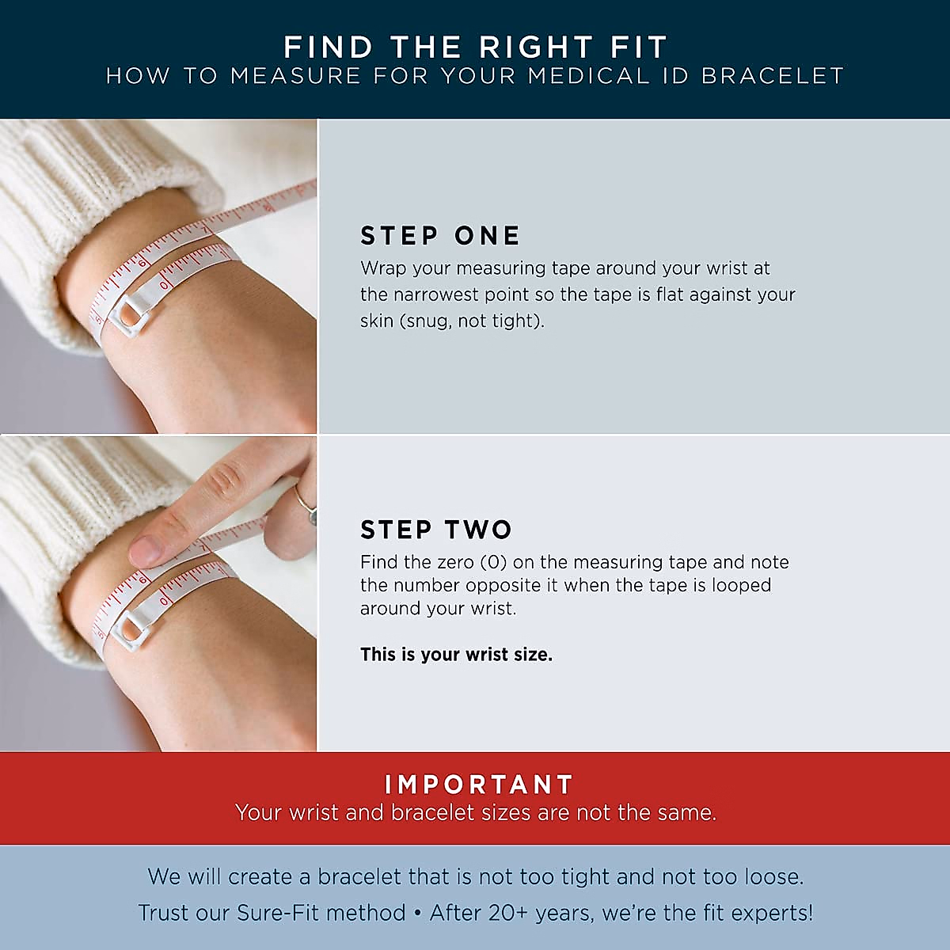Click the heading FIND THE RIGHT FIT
475,47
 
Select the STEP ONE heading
440,236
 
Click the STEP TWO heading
436,530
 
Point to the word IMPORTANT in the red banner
479,785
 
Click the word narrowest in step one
436,294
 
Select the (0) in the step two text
494,563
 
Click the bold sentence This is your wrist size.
456,655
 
